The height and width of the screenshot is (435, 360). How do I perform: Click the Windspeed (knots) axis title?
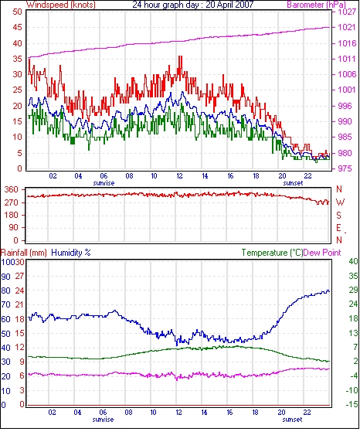click(x=61, y=5)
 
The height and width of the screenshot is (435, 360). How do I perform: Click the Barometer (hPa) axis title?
click(x=317, y=5)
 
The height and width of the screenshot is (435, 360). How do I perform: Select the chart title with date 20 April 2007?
click(x=193, y=5)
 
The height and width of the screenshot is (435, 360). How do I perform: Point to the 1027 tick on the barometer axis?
click(x=347, y=12)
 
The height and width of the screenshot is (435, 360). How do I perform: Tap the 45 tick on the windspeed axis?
click(x=18, y=28)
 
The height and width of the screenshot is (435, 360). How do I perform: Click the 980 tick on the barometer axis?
click(x=345, y=153)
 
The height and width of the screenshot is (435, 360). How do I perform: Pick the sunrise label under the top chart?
click(x=104, y=183)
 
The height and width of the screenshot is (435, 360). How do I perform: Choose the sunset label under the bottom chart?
click(x=292, y=420)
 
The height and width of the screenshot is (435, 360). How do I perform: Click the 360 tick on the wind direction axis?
click(x=12, y=190)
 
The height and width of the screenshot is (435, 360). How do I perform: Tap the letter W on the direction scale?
click(x=340, y=202)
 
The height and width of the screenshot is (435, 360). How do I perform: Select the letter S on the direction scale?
click(x=338, y=215)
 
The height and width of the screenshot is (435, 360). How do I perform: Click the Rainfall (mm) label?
click(x=24, y=253)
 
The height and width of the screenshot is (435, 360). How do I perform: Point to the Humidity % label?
click(x=71, y=253)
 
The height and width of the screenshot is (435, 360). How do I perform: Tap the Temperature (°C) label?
click(x=272, y=253)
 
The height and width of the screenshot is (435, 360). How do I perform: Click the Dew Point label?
click(x=322, y=253)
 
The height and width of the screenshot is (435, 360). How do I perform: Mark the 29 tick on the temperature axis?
click(x=353, y=291)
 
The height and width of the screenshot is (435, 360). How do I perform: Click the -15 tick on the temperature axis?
click(x=352, y=405)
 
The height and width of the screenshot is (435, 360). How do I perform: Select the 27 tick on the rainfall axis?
click(x=20, y=277)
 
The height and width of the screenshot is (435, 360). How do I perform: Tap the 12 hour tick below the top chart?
click(x=179, y=176)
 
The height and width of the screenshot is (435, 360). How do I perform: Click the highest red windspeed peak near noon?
click(x=181, y=56)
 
